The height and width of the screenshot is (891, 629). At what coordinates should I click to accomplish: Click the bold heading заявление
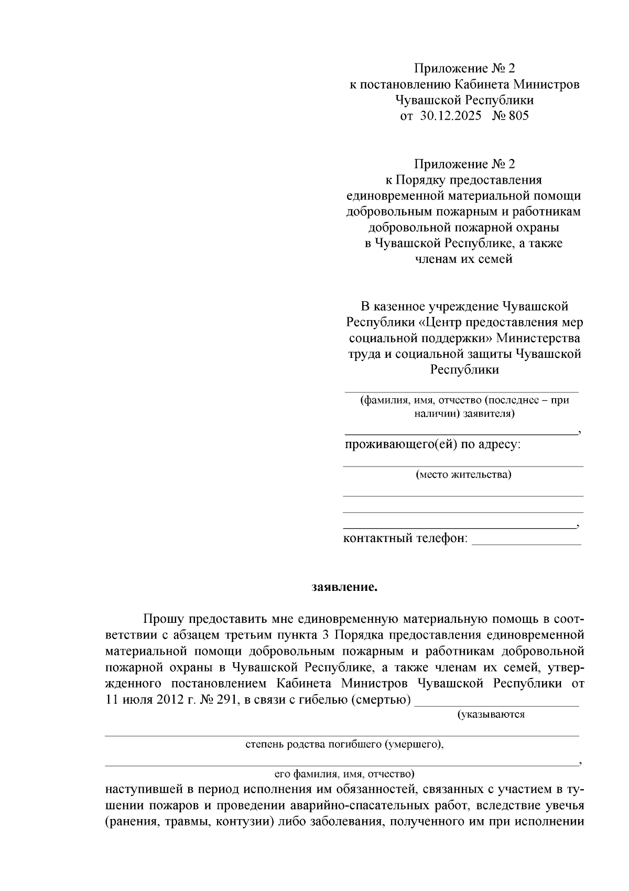tap(344, 587)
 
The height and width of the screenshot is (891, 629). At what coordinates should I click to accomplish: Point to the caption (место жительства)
tap(463, 475)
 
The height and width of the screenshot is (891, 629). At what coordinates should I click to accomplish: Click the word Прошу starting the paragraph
tap(160, 620)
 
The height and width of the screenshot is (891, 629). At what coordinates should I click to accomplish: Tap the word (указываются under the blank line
tap(491, 714)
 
